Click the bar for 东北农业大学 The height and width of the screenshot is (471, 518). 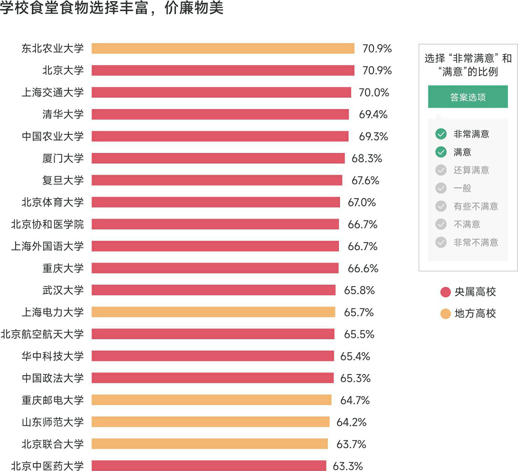click(223, 49)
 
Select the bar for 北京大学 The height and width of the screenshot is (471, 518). click(223, 70)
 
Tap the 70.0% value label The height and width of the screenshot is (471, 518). click(374, 92)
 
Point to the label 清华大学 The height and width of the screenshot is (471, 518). click(63, 114)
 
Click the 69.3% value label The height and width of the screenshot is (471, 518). click(373, 137)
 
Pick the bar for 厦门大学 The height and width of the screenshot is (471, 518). click(218, 158)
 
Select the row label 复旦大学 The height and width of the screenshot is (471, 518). click(63, 180)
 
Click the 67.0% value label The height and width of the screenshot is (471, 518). click(362, 202)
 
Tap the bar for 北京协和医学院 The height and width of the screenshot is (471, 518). click(215, 224)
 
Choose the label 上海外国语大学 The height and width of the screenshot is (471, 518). click(48, 246)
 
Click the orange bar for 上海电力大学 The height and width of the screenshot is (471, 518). click(213, 312)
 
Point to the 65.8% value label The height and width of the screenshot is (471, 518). click(360, 290)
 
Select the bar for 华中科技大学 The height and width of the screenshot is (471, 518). click(213, 356)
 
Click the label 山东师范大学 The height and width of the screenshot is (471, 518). click(53, 422)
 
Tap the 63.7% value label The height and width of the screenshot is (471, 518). click(351, 444)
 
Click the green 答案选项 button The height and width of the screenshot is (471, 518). click(468, 97)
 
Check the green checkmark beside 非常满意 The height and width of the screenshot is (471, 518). click(441, 134)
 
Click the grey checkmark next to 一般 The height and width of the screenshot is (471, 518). click(441, 188)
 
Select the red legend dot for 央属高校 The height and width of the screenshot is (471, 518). click(445, 292)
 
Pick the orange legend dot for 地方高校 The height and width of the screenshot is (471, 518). click(445, 314)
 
